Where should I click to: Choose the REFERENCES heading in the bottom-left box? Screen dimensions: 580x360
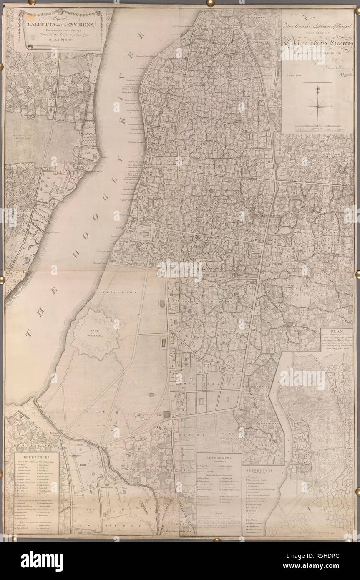(37, 458)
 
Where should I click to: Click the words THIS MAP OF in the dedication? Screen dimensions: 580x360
(318, 35)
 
